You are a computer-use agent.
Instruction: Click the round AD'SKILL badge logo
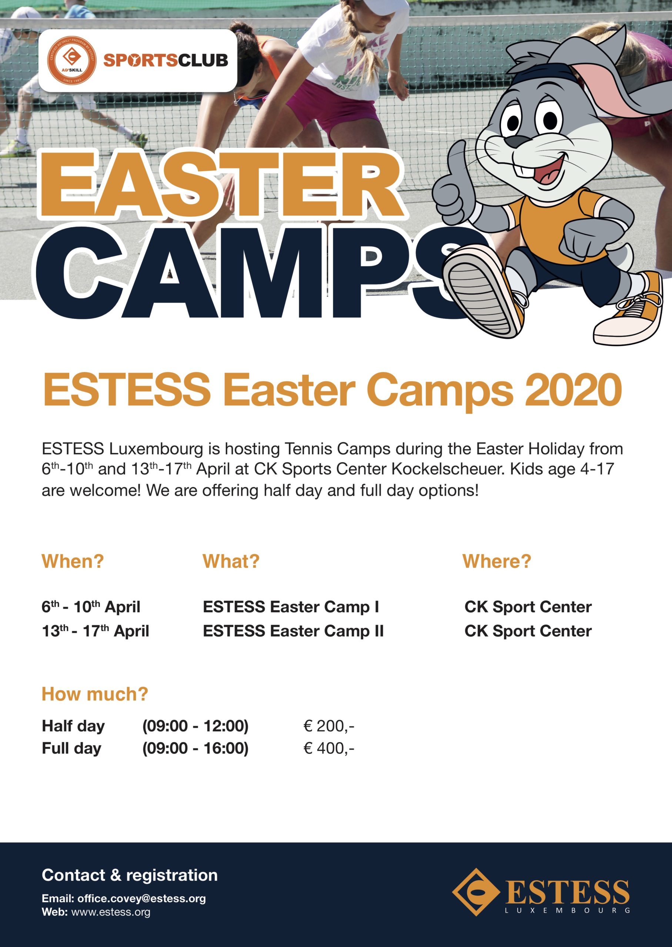point(72,61)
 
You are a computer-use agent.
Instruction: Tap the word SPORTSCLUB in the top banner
point(166,61)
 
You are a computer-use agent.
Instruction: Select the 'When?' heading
point(73,561)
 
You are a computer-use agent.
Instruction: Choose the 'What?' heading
point(231,561)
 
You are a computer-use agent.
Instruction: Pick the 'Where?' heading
point(497,561)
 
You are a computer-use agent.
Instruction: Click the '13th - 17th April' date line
point(95,631)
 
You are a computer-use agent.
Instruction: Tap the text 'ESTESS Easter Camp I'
point(291,607)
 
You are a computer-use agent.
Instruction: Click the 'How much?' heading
point(95,694)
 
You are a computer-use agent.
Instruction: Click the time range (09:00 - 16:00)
point(195,748)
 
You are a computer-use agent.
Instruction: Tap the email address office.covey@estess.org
point(141,898)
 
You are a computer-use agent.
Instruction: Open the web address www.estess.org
point(111,912)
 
